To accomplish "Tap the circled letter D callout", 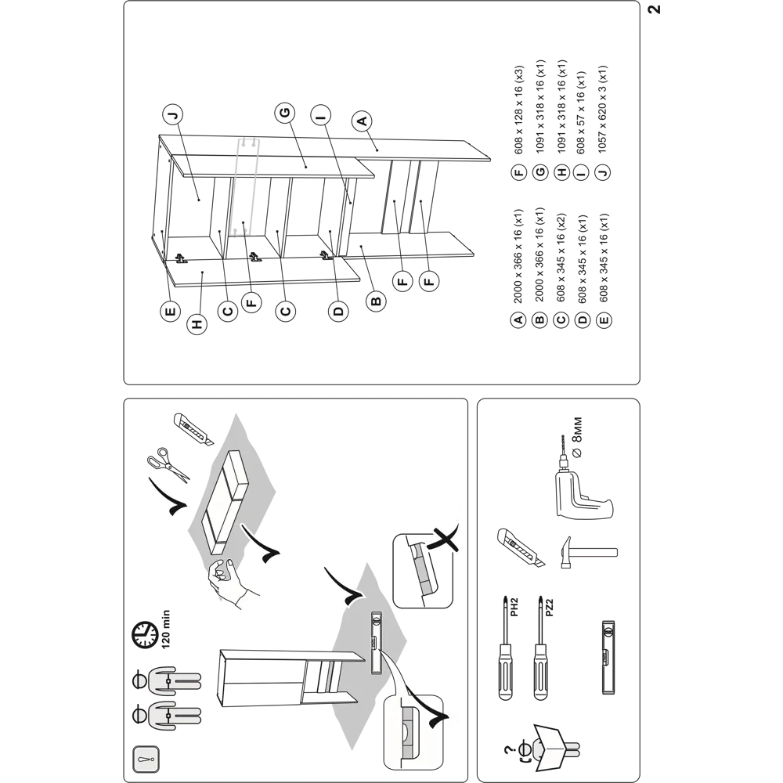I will point(338,311).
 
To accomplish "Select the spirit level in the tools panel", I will point(607,657).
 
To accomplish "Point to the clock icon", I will point(141,633).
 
